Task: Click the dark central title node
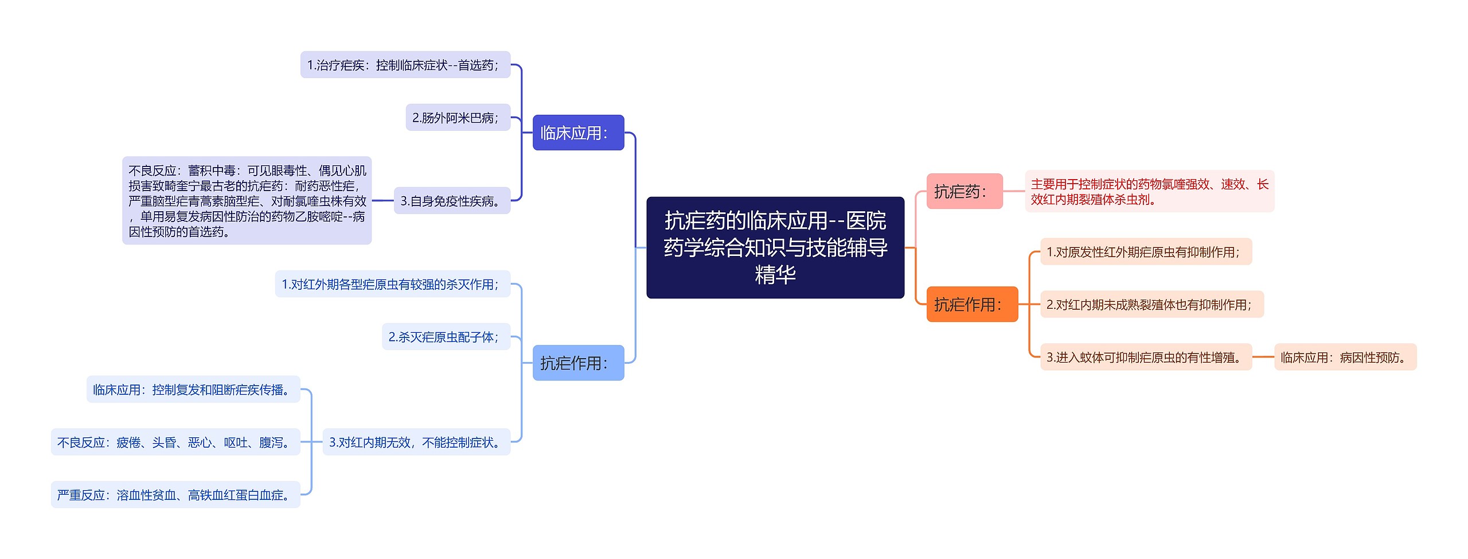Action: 775,247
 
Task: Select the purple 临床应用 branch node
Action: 578,133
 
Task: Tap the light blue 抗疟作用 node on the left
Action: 578,363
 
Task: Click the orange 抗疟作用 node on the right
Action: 971,304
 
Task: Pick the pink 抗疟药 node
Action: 964,191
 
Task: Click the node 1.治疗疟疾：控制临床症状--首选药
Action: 405,65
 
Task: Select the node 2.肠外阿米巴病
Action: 458,118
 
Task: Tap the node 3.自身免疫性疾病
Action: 452,201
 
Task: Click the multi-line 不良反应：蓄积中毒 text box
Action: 247,201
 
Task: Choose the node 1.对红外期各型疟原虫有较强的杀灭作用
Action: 392,284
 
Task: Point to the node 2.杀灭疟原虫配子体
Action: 446,337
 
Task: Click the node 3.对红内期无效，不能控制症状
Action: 416,442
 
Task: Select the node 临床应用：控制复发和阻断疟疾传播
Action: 193,390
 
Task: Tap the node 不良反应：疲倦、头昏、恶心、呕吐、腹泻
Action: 175,442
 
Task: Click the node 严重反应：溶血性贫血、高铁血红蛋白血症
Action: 175,495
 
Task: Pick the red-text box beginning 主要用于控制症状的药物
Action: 1149,192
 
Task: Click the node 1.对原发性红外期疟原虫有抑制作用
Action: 1145,252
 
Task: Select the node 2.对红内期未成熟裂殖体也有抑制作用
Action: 1151,305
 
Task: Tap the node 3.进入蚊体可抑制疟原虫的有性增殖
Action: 1145,357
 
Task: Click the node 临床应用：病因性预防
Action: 1345,357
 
